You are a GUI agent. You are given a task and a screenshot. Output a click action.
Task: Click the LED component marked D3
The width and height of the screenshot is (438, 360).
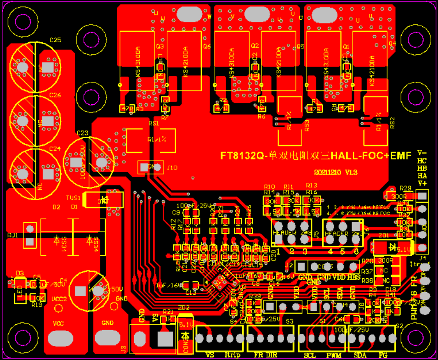(20, 292)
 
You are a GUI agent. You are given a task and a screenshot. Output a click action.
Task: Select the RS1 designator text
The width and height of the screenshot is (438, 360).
(153, 124)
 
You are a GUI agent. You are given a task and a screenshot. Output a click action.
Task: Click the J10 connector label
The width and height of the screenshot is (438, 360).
(172, 168)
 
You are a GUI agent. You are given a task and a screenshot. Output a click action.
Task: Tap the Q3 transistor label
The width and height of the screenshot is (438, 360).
(160, 46)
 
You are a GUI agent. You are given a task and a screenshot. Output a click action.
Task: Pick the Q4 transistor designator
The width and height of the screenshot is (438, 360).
(392, 43)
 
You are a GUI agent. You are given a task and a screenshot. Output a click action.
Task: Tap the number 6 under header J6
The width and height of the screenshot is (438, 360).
(356, 251)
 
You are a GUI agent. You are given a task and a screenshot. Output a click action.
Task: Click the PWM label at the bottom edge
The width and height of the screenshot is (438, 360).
(333, 355)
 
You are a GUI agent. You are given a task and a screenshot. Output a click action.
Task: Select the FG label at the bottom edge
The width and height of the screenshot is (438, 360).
(383, 355)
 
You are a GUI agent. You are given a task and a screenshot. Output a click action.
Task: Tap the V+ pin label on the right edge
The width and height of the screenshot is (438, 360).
(422, 184)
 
